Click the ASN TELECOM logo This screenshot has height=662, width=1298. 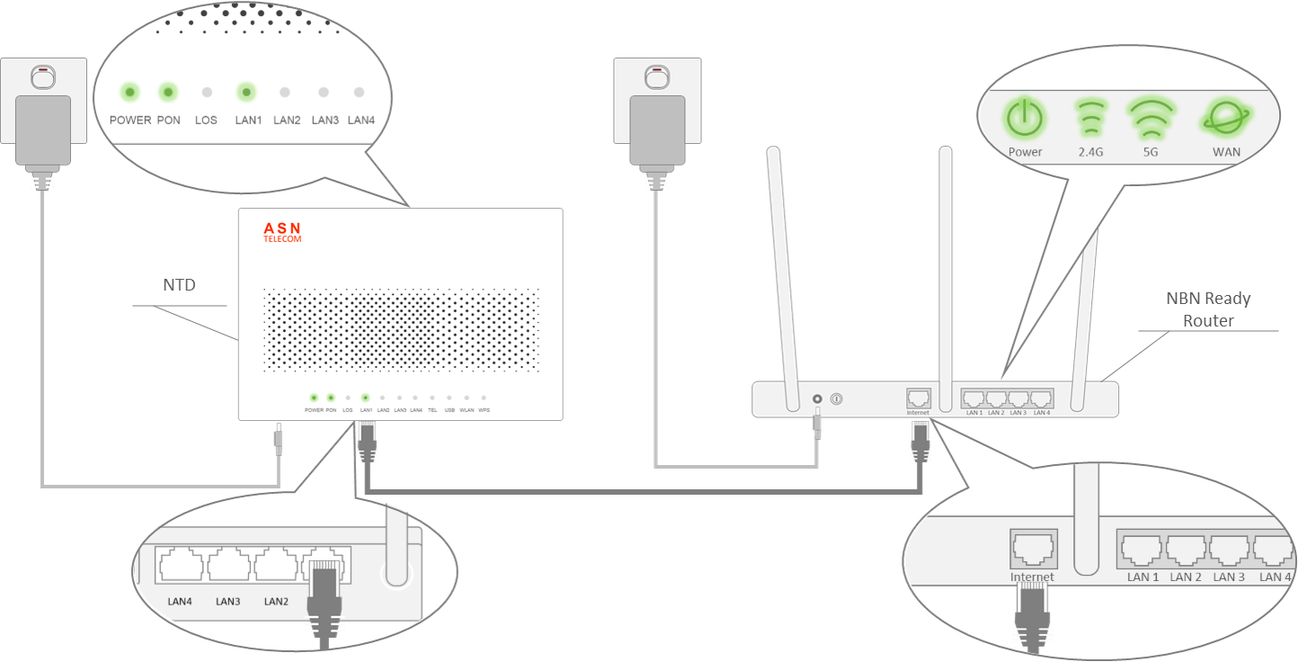[282, 233]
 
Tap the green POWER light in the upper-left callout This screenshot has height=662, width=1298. [129, 92]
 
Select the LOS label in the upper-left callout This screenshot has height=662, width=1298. [206, 120]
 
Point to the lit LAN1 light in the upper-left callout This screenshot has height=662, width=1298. [245, 92]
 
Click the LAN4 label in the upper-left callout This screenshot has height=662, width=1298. [360, 120]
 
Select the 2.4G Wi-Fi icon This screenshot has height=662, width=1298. [1089, 117]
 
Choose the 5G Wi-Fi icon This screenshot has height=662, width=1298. [1150, 117]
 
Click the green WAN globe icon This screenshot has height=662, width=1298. [1225, 118]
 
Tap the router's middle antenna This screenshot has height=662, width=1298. [944, 270]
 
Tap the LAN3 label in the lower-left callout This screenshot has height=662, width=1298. [228, 601]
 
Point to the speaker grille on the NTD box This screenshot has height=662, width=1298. [401, 331]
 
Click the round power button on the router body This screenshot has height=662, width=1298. [836, 398]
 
